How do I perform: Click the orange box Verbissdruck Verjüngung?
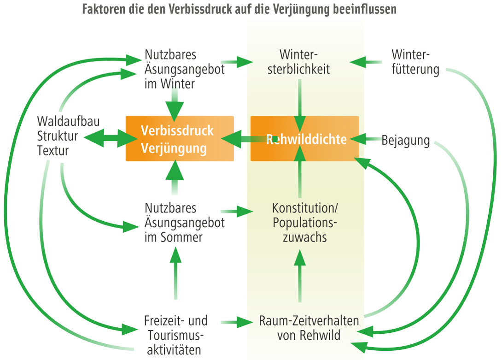[180, 138]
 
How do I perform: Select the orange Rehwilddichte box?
[304, 138]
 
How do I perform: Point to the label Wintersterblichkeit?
[300, 62]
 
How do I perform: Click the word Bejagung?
[406, 141]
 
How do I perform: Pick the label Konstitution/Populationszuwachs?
[300, 222]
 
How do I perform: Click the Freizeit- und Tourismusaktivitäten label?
[175, 334]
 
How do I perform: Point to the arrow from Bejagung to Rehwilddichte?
[368, 138]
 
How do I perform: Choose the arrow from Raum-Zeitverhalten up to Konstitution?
[300, 277]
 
